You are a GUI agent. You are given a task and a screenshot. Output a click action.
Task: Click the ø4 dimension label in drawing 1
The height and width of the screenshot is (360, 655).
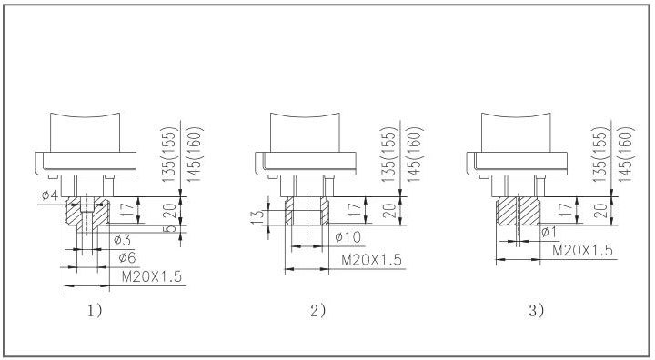pyautogui.click(x=50, y=195)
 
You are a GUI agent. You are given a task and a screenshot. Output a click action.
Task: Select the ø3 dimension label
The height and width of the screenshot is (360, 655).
pyautogui.click(x=122, y=240)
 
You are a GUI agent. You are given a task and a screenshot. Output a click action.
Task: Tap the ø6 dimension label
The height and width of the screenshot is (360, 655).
pyautogui.click(x=127, y=257)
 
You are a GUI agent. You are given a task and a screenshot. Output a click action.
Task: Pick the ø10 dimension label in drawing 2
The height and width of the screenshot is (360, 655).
pyautogui.click(x=348, y=237)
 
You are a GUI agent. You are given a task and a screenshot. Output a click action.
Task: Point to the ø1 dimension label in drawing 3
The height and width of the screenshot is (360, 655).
pyautogui.click(x=549, y=232)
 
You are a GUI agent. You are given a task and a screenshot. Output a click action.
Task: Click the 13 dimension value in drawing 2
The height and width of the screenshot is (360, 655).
pyautogui.click(x=258, y=216)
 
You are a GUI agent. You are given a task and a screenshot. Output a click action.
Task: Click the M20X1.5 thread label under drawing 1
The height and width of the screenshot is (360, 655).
pyautogui.click(x=152, y=276)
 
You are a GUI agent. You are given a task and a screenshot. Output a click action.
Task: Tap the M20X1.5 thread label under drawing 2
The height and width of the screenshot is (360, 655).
pyautogui.click(x=371, y=260)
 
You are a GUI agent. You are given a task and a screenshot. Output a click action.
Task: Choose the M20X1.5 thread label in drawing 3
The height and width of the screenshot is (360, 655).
pyautogui.click(x=582, y=250)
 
